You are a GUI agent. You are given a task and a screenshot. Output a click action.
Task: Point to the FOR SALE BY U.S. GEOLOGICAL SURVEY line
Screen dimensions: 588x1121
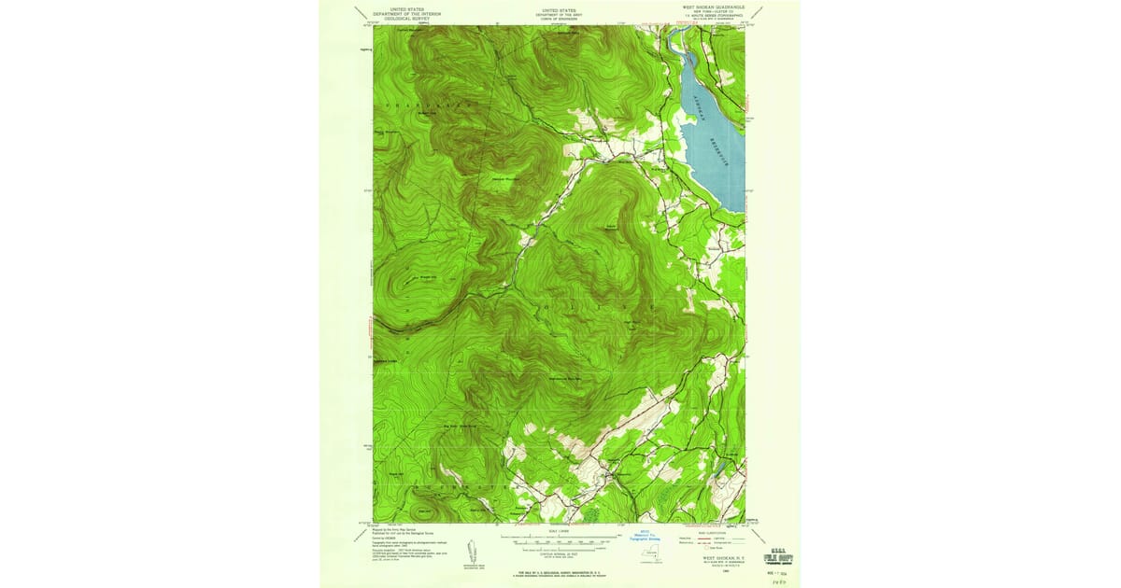[560, 568]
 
